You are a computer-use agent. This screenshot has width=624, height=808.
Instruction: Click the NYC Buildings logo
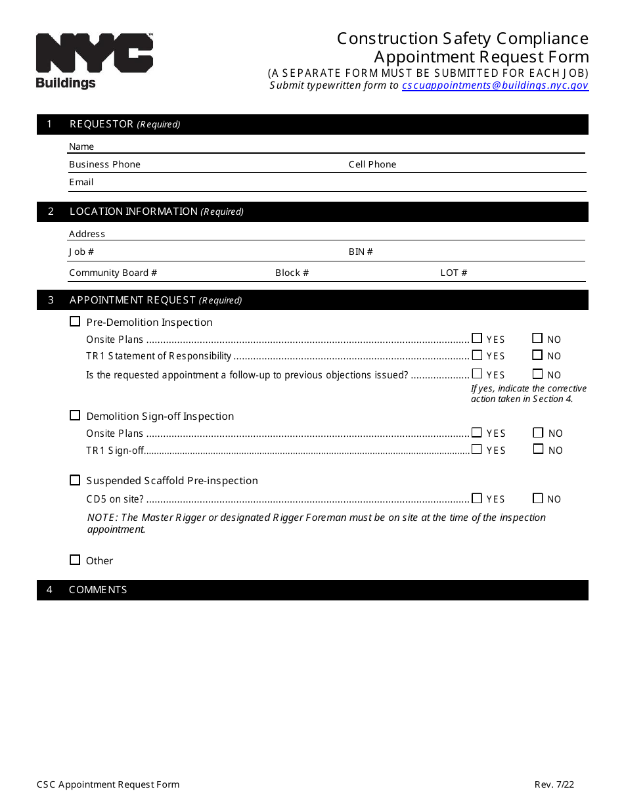(94, 60)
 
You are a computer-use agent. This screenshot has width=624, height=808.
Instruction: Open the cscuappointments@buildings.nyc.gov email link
(495, 85)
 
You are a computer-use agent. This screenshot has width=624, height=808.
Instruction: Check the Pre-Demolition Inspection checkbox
(75, 322)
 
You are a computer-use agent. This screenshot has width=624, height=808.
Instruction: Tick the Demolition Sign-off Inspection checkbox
(75, 416)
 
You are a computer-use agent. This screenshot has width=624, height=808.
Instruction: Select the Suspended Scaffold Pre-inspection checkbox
(75, 480)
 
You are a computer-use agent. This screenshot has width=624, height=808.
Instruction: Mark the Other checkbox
(75, 560)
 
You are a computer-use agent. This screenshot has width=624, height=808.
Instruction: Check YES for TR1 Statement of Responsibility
(477, 355)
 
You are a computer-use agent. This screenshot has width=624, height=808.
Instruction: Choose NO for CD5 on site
(538, 499)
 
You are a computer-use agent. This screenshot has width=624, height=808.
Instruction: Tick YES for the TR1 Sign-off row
(477, 449)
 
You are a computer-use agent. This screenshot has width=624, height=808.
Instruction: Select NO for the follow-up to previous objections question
(537, 374)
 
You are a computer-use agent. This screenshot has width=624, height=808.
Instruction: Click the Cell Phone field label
(372, 164)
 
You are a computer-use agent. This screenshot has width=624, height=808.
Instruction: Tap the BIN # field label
(361, 252)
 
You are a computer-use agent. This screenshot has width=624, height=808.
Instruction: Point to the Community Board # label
(113, 273)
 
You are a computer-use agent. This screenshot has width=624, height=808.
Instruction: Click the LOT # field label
(453, 273)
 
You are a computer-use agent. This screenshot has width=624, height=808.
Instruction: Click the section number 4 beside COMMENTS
(49, 590)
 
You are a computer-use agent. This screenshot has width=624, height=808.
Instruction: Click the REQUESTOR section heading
(102, 124)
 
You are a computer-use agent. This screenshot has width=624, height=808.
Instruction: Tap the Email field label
(81, 182)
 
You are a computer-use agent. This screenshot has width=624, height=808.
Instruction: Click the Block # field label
(292, 273)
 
